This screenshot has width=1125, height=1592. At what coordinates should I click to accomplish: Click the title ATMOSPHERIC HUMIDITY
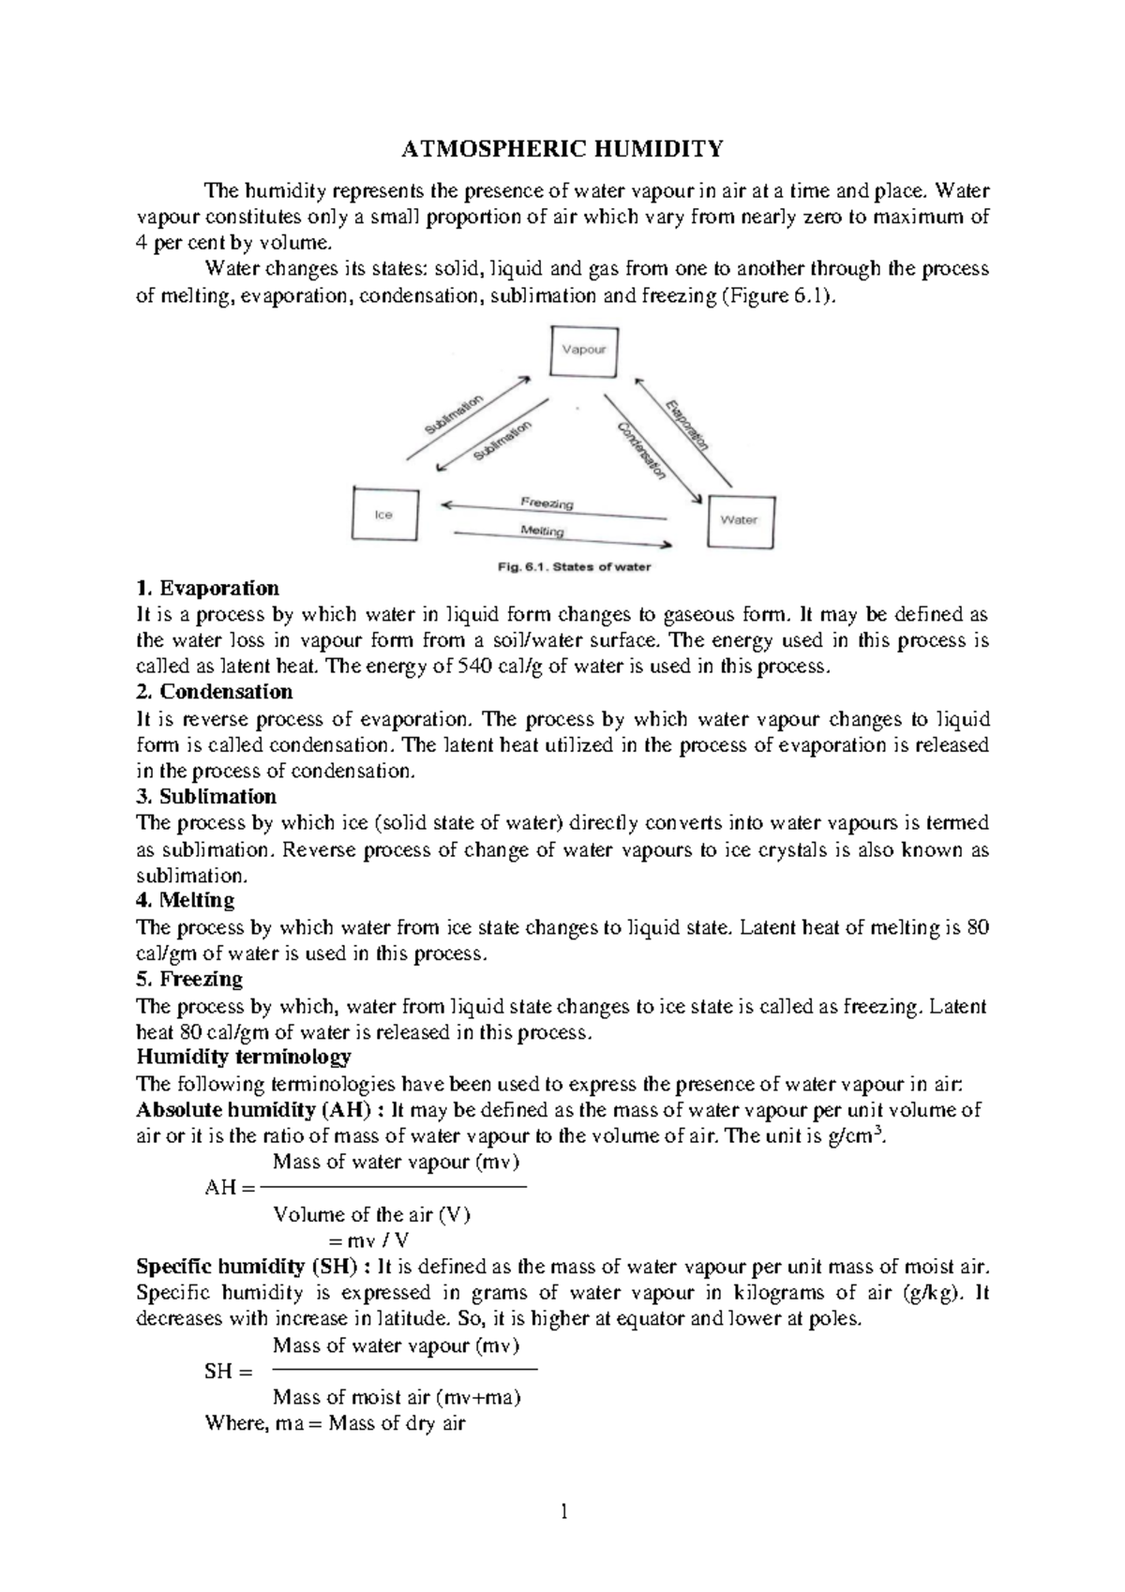click(x=562, y=149)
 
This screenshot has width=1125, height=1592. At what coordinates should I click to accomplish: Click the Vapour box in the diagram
click(x=583, y=350)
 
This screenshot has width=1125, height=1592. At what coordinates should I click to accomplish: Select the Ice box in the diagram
click(x=383, y=514)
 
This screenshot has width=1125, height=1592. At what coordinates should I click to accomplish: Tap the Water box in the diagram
click(x=739, y=519)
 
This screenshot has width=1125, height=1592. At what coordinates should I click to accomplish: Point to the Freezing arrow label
click(x=547, y=503)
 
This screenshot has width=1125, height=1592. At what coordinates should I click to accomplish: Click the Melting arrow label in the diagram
click(x=542, y=531)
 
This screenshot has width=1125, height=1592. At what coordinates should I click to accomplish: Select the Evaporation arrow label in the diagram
click(x=687, y=425)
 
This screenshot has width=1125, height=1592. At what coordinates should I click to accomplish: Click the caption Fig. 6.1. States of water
click(x=573, y=566)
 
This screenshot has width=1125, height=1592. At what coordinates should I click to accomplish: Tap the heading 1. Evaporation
click(x=207, y=588)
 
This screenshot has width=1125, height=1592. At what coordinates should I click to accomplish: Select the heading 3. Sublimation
click(x=206, y=796)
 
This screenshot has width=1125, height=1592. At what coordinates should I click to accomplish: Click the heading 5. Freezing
click(x=189, y=979)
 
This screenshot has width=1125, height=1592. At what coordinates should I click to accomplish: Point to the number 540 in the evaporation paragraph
click(x=469, y=668)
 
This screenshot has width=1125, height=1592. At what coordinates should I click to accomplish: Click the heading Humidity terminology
click(x=244, y=1057)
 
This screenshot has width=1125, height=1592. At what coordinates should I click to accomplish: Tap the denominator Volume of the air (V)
click(x=371, y=1215)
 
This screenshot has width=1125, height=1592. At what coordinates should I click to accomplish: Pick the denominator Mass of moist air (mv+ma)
click(x=397, y=1397)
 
